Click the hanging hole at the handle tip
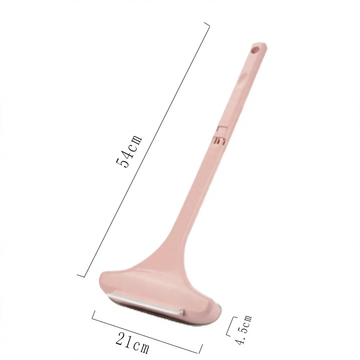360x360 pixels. point(255,49)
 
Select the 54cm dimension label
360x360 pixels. point(129,151)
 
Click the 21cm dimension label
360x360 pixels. point(132,342)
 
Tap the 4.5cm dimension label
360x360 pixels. point(244,329)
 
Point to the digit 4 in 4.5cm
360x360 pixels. point(241,341)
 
